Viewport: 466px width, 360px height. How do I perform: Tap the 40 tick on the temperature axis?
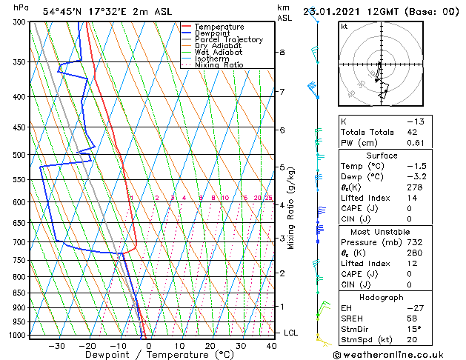[272, 345]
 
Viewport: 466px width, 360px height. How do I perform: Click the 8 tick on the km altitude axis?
[282, 52]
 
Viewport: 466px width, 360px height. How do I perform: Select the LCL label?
[290, 333]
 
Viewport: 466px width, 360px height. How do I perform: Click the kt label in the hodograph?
[344, 26]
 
